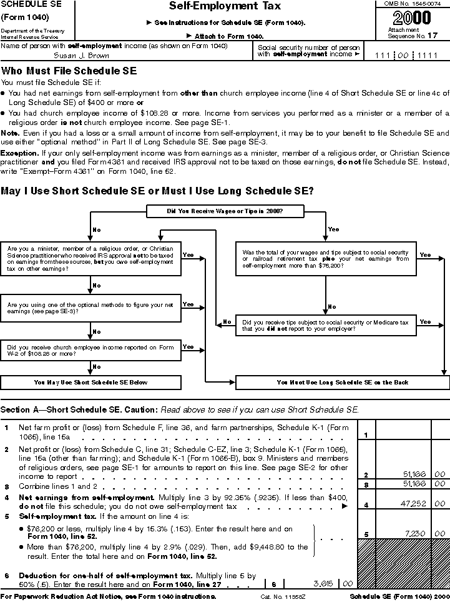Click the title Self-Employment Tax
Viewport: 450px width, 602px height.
(x=225, y=7)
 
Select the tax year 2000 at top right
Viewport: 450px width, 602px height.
(x=412, y=18)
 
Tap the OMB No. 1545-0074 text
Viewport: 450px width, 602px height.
(x=413, y=4)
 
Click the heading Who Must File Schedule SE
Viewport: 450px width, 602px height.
(x=69, y=71)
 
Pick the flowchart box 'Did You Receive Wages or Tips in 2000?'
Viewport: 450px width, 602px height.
(x=225, y=211)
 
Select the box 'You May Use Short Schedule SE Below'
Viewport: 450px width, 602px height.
(x=91, y=382)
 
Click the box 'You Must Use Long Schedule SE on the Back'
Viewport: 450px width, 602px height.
(x=341, y=382)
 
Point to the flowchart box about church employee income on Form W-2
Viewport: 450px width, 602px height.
(x=91, y=350)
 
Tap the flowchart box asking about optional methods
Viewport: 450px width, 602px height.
(x=91, y=308)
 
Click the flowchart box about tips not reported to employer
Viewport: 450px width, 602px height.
(x=325, y=325)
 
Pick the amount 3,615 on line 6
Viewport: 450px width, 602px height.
(x=323, y=583)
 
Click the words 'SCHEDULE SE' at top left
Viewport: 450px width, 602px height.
(x=30, y=4)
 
